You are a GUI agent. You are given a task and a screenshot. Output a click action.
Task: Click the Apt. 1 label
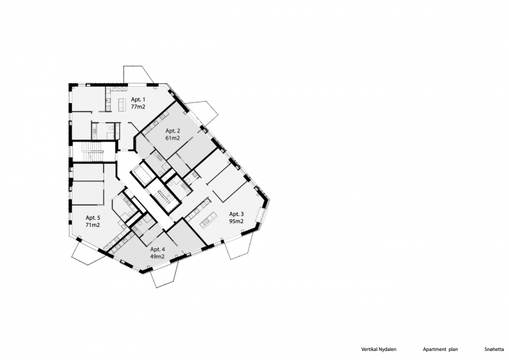tap(138, 100)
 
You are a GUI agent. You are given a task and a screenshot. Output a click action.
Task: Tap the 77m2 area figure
tap(138, 107)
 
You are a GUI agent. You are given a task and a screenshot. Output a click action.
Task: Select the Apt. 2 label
tap(173, 131)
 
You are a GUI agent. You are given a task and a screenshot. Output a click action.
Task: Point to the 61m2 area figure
tap(173, 138)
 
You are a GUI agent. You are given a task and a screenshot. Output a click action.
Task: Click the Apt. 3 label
tap(236, 214)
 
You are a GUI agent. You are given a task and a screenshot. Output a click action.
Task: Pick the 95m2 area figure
tap(236, 222)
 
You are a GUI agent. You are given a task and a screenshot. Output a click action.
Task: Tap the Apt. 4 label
tap(157, 249)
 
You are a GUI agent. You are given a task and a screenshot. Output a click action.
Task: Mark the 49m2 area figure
tap(157, 256)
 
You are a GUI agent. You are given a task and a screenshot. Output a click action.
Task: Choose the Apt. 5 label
tap(93, 218)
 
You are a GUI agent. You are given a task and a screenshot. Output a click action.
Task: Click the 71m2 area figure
tap(93, 225)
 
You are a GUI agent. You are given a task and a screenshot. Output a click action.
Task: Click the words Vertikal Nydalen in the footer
tap(378, 350)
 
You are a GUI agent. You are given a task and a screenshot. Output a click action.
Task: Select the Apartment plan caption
tap(440, 350)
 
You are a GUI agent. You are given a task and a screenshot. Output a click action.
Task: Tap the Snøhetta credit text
tap(494, 350)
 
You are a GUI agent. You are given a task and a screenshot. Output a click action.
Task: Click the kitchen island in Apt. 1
tap(122, 104)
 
